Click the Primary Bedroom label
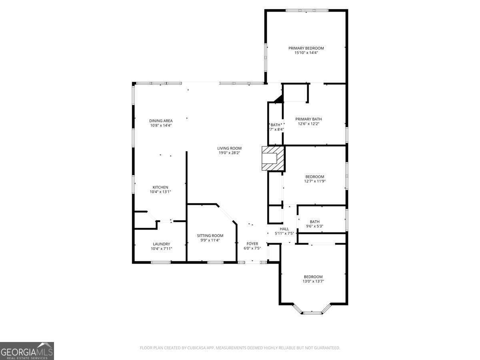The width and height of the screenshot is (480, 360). [306, 48]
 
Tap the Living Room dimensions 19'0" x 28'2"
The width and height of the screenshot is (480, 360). [229, 153]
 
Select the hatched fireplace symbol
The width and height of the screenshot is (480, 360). [273, 158]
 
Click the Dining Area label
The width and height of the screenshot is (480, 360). [161, 121]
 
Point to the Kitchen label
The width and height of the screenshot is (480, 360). [160, 187]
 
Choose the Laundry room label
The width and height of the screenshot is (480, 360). [161, 244]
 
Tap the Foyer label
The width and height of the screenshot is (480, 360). [252, 244]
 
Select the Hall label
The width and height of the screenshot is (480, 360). [284, 229]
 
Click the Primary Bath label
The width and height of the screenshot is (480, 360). [308, 119]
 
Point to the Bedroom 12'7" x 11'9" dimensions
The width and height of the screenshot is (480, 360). [314, 181]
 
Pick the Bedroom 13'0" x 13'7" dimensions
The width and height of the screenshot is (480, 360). [313, 281]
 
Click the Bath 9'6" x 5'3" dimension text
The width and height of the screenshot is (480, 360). [314, 226]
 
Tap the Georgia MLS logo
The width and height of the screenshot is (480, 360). [27, 351]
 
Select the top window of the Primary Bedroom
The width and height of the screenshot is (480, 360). [306, 10]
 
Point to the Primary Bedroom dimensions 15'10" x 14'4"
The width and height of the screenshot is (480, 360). [306, 52]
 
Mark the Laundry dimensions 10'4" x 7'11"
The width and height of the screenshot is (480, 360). [161, 249]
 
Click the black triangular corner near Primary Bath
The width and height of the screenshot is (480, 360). [279, 98]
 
